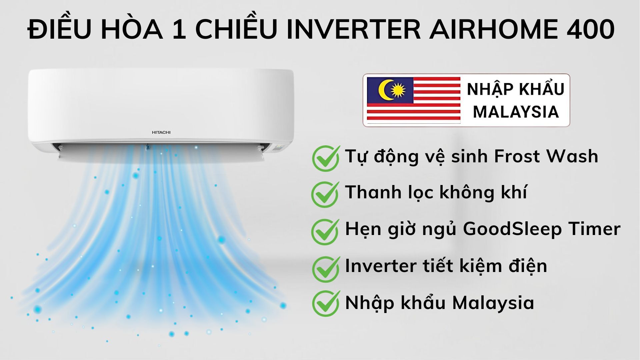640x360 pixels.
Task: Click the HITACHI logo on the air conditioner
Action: point(161,132)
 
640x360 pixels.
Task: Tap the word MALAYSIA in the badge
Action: point(516,112)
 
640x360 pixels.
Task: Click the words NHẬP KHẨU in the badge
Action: point(516,90)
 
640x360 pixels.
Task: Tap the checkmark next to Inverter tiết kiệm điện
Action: point(325,268)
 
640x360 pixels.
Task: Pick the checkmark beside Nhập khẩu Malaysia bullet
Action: point(325,303)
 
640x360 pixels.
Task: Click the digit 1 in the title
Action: point(179,30)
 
